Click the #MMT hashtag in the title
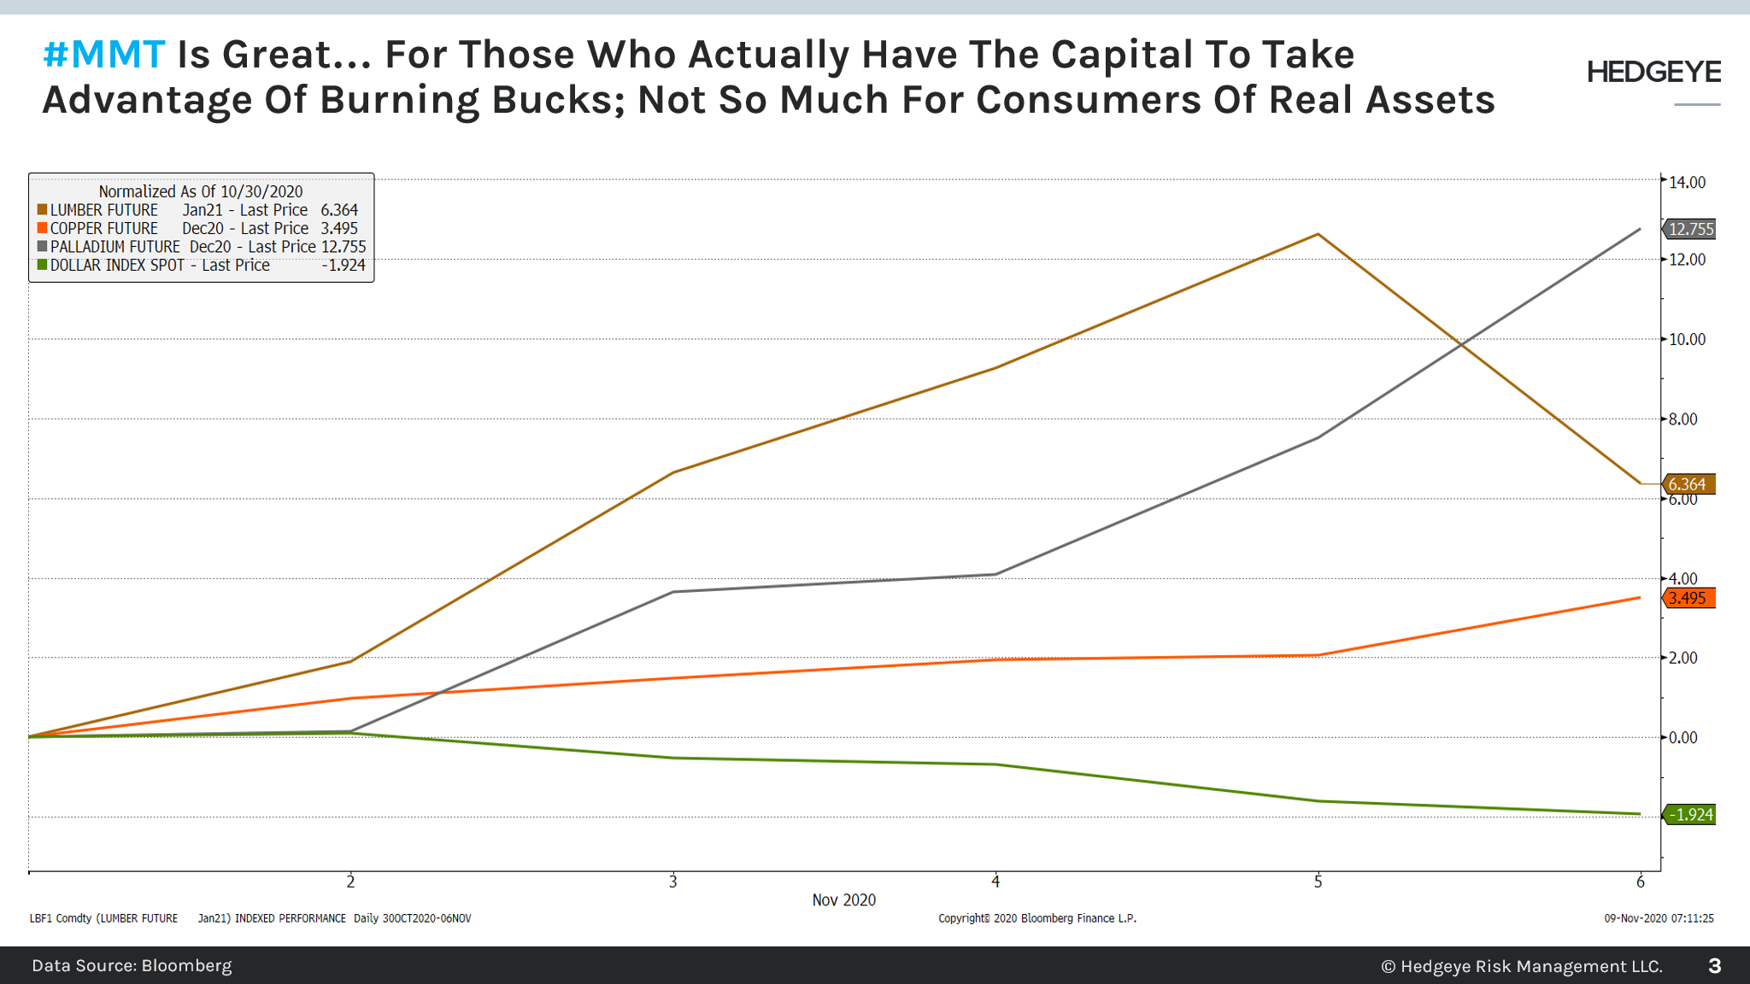point(103,56)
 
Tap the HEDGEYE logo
point(1653,73)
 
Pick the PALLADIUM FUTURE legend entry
point(115,247)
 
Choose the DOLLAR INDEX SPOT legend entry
point(117,266)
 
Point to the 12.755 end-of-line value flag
point(1690,229)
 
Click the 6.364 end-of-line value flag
point(1688,484)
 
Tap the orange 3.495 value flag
point(1688,598)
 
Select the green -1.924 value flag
point(1690,814)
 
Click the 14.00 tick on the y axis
point(1687,182)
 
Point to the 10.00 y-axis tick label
point(1687,339)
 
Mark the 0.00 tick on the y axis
point(1683,737)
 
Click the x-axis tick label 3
point(673,881)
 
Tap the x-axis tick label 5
point(1318,881)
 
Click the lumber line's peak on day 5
point(1318,234)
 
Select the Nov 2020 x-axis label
point(843,900)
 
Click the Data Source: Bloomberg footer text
point(132,965)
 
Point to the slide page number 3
point(1714,965)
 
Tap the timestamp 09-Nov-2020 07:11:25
point(1659,918)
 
